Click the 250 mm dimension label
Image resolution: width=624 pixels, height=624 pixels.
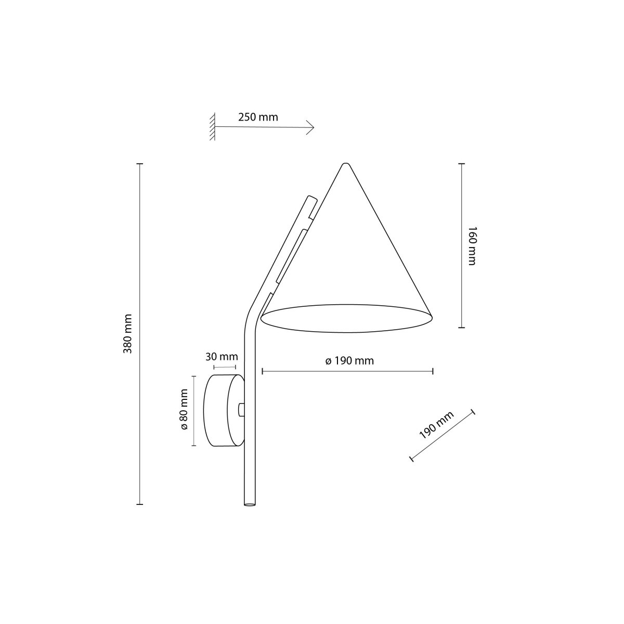(258, 117)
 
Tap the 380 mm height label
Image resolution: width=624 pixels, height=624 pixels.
(128, 334)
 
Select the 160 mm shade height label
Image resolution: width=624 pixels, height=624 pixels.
(472, 245)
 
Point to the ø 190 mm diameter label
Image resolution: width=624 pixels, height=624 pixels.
(349, 361)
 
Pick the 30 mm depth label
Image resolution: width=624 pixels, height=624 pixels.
(222, 357)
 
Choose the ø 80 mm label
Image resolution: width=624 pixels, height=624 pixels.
(184, 410)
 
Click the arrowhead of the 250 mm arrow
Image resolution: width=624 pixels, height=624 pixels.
(312, 127)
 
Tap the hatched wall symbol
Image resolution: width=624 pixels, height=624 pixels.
(213, 127)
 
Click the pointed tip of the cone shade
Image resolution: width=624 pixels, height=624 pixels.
(344, 165)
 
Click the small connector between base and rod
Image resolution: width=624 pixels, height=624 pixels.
(241, 410)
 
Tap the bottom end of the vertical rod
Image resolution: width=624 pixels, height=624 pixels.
(250, 504)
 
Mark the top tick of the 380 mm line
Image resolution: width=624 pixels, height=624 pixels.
(139, 164)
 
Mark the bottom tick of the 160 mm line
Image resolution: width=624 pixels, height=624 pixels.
(461, 328)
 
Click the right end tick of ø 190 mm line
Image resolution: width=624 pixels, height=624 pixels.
(433, 371)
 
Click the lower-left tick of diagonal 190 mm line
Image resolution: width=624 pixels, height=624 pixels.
(411, 459)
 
